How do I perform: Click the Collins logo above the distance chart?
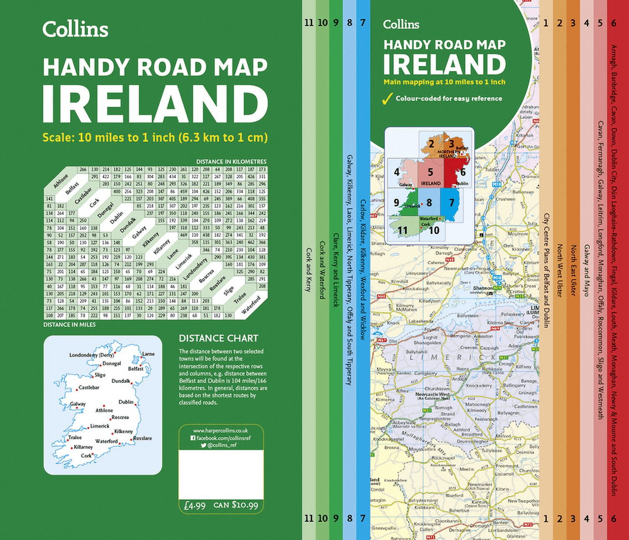(75, 30)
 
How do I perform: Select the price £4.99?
(195, 505)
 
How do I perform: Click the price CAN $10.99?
(236, 505)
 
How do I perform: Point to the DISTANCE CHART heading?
(218, 338)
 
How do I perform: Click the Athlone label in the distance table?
(61, 182)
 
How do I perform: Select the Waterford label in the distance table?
(251, 305)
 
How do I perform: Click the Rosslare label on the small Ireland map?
(143, 438)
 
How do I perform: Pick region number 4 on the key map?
(397, 172)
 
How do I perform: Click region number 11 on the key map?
(402, 230)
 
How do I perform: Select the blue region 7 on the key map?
(451, 203)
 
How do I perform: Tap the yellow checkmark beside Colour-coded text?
(387, 99)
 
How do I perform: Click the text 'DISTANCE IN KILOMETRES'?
(231, 162)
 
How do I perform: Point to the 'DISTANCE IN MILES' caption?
(70, 324)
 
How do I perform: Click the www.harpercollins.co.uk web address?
(221, 430)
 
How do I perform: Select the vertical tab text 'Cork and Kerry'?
(309, 270)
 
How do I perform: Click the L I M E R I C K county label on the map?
(452, 357)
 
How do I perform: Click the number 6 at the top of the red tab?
(614, 23)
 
